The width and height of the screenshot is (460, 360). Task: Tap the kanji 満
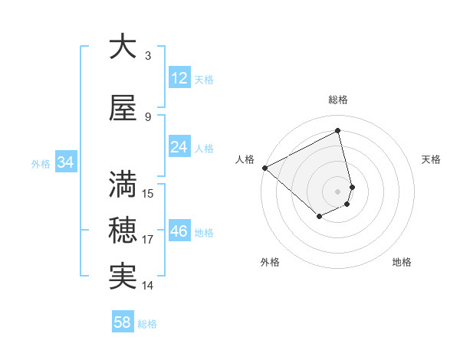[123, 183]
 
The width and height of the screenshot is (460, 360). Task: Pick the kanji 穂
[123, 230]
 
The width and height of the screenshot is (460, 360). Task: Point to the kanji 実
[123, 276]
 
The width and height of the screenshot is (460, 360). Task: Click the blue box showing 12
[179, 78]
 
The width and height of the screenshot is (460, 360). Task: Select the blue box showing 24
[179, 147]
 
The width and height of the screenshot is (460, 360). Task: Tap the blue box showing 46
[179, 231]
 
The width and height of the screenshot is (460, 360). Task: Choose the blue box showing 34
[65, 162]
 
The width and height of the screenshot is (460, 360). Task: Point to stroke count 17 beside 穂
[148, 240]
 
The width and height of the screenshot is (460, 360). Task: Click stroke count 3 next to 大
[148, 56]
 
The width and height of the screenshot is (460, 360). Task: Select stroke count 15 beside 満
[148, 193]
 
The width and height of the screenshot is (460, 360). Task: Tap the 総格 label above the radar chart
[338, 100]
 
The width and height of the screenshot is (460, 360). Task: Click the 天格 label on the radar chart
[432, 159]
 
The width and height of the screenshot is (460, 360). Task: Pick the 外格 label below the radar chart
[270, 262]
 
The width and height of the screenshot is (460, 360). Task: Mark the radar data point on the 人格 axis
[264, 168]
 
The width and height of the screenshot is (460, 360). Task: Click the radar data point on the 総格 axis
[338, 131]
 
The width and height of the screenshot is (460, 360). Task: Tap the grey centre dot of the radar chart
[338, 191]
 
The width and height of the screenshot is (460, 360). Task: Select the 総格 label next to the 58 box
[147, 323]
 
